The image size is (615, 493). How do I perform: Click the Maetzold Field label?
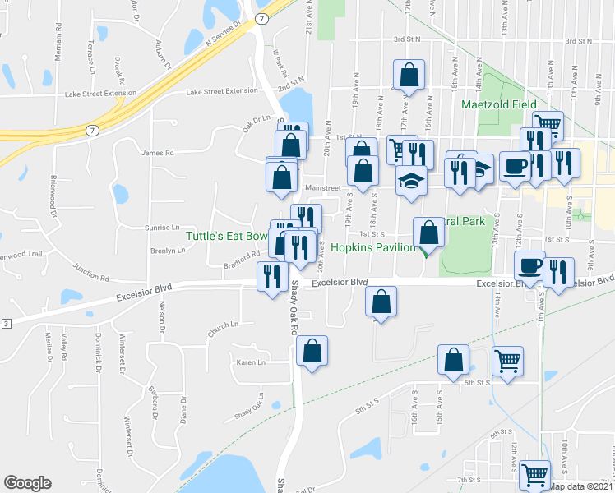coord(498,104)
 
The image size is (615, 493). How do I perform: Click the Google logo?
coord(27,483)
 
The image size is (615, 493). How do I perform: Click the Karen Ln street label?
coord(252,362)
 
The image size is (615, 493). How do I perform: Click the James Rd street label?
coord(158,153)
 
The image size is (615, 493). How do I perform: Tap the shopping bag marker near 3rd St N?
coord(409,75)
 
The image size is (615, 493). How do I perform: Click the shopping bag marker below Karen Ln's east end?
coord(312,351)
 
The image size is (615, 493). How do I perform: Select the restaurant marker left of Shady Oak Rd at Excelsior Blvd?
coord(271,276)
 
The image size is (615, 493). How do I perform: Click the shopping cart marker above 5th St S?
coord(508,360)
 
